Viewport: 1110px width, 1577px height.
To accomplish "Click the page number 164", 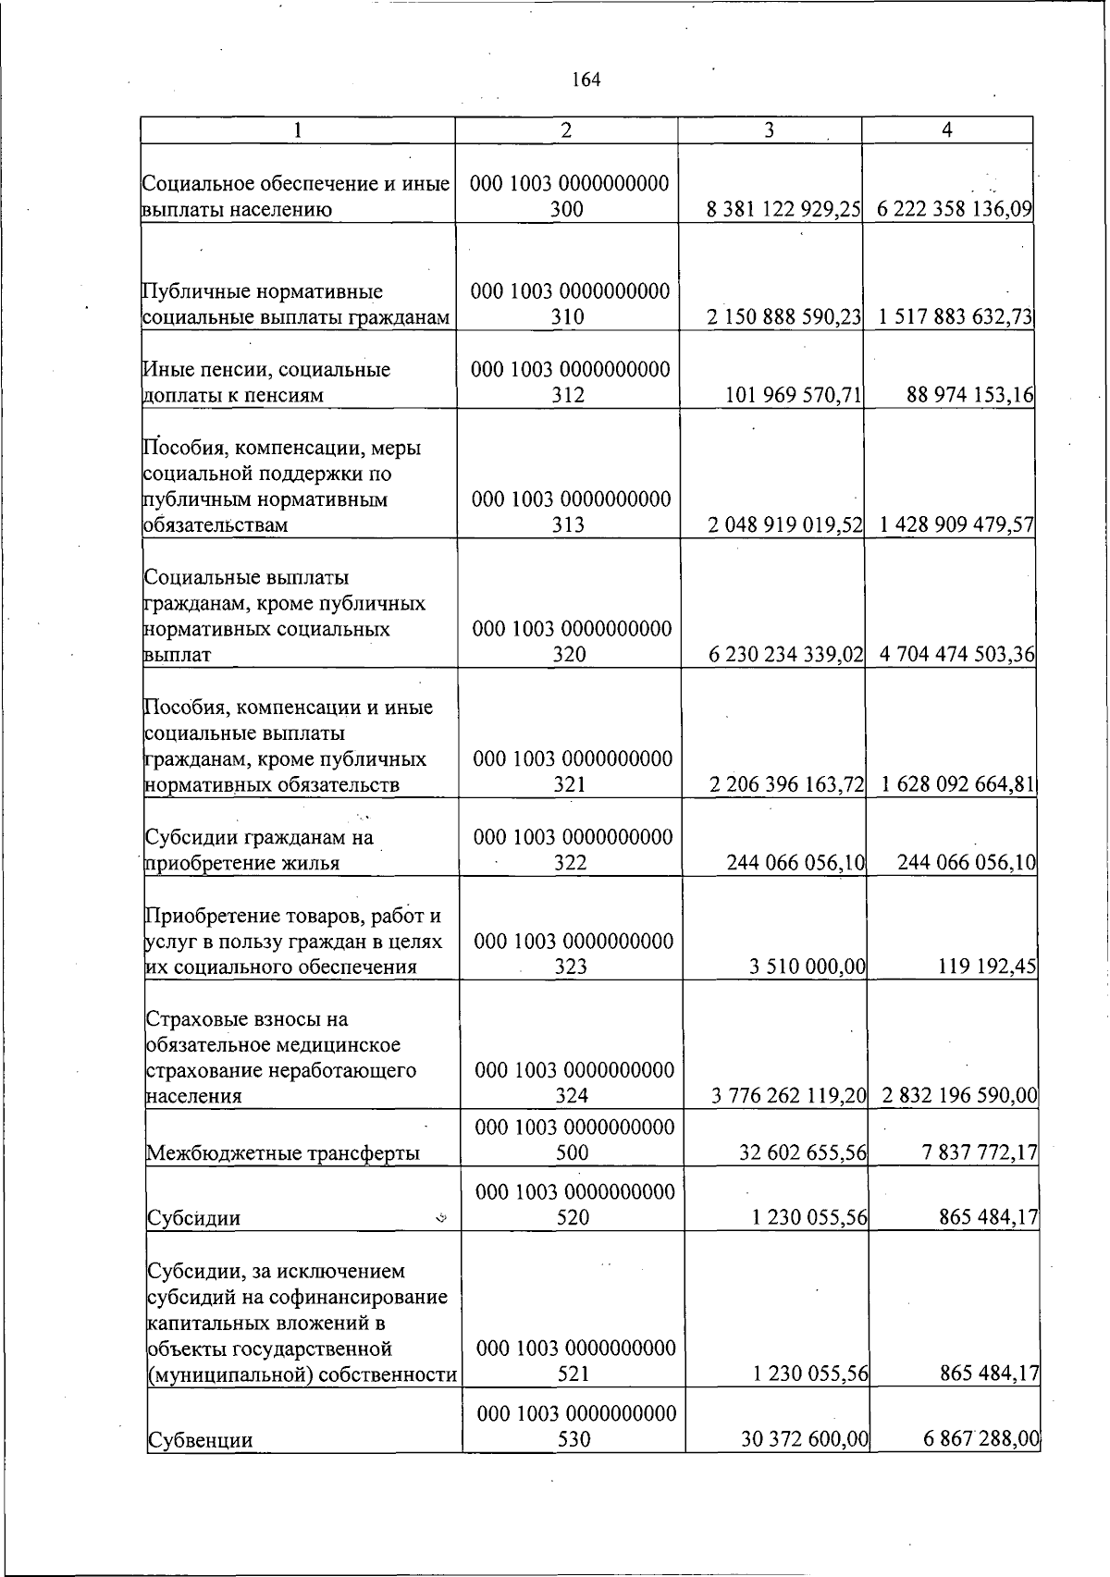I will click(586, 80).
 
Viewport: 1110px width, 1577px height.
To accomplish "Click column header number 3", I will click(769, 131).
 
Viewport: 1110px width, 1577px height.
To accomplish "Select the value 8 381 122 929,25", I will click(783, 210).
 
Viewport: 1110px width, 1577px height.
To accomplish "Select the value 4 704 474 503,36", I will click(957, 655).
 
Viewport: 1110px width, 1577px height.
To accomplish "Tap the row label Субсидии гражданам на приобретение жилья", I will click(259, 851).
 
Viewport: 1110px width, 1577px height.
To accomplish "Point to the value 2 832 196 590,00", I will click(959, 1097).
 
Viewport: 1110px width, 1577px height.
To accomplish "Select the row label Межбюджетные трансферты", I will click(283, 1153).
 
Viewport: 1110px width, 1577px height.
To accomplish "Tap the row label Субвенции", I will click(201, 1440).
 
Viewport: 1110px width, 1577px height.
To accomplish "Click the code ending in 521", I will click(574, 1361).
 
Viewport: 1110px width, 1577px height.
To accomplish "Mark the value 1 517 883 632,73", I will click(956, 317).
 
